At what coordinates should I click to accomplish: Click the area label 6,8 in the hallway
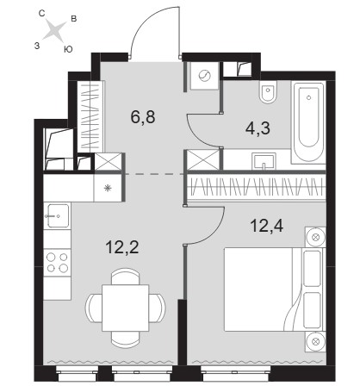(x=143, y=117)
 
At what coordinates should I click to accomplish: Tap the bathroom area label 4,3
(x=258, y=128)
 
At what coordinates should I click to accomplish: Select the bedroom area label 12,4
(x=267, y=226)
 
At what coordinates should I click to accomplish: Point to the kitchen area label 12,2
(x=122, y=247)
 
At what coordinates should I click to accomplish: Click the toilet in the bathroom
(x=268, y=91)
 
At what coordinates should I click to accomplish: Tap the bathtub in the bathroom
(x=308, y=122)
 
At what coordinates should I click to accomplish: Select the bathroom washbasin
(x=264, y=161)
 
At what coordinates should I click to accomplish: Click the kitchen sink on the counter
(x=58, y=215)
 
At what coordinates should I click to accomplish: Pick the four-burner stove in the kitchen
(x=57, y=263)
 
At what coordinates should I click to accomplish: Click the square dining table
(x=126, y=308)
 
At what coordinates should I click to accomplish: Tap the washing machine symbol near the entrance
(x=205, y=76)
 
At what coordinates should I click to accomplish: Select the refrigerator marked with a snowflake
(x=108, y=188)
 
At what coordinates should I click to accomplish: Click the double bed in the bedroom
(x=273, y=289)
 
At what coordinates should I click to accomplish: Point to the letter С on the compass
(x=41, y=14)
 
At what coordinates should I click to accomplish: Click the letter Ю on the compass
(x=68, y=49)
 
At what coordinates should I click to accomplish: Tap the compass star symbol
(x=54, y=30)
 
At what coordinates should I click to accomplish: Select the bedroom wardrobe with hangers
(x=257, y=187)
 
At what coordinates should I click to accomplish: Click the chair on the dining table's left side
(x=93, y=308)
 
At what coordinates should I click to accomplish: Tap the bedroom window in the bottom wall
(x=235, y=373)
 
